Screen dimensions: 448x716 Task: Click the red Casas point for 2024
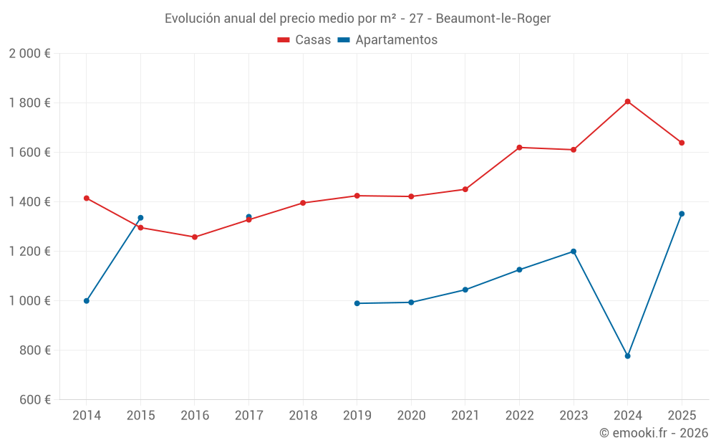(627, 102)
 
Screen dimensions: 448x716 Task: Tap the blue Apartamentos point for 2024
(627, 356)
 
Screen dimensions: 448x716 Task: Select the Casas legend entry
(304, 40)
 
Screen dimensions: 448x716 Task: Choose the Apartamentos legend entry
(387, 40)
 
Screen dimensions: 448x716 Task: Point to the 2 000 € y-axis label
(29, 53)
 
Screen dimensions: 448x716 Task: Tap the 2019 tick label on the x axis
(357, 416)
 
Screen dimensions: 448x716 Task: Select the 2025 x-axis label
(682, 416)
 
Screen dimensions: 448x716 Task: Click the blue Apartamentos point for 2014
(87, 301)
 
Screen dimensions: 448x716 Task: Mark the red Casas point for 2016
(195, 237)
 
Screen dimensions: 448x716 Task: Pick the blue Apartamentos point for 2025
(682, 214)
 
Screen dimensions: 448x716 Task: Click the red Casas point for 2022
(519, 148)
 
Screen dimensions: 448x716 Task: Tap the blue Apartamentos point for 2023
(574, 252)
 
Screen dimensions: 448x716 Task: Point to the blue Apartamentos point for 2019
(357, 303)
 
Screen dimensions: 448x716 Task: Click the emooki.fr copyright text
(653, 433)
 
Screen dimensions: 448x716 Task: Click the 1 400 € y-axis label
(29, 202)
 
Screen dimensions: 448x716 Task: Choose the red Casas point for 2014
(87, 198)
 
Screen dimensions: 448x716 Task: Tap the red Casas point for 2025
(682, 143)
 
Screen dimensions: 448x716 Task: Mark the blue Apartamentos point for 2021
(465, 290)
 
